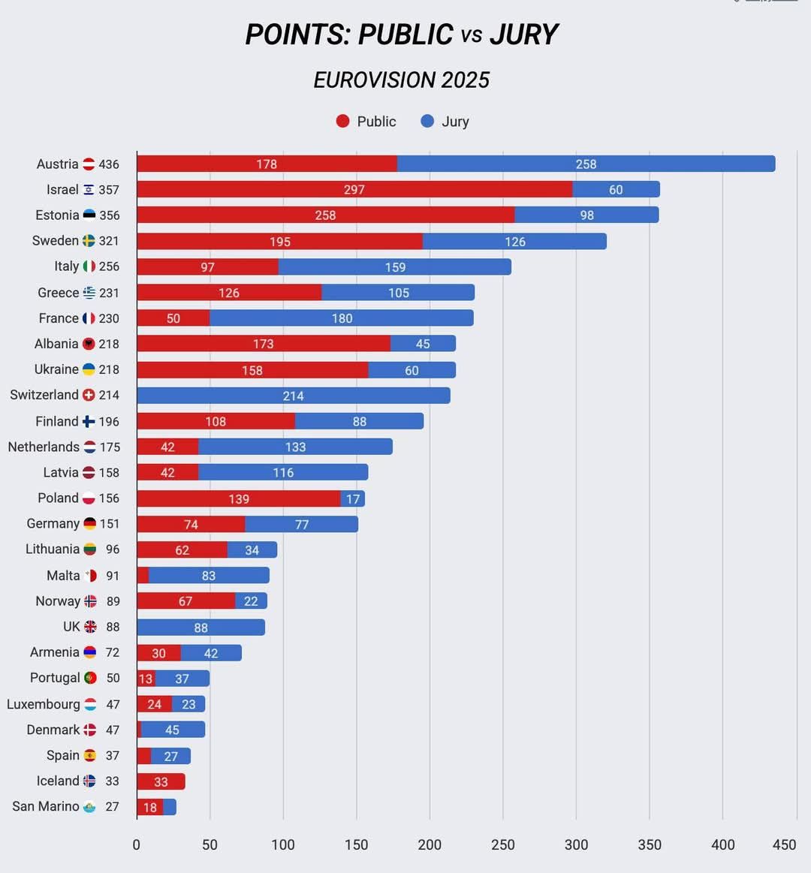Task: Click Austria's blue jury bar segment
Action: pyautogui.click(x=586, y=164)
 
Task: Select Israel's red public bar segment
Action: pyautogui.click(x=354, y=189)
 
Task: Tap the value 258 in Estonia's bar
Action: pyautogui.click(x=325, y=215)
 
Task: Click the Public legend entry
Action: pyautogui.click(x=366, y=122)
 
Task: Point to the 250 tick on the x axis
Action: pyautogui.click(x=503, y=844)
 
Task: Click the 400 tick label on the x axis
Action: pyautogui.click(x=723, y=844)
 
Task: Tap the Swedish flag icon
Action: pyautogui.click(x=89, y=241)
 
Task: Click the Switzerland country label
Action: pyautogui.click(x=44, y=395)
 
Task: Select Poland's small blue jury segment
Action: pyautogui.click(x=353, y=498)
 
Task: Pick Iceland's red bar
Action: pyautogui.click(x=161, y=781)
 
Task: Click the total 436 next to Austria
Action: pyautogui.click(x=109, y=164)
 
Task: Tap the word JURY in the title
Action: pyautogui.click(x=523, y=35)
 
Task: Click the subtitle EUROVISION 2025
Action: pyautogui.click(x=402, y=80)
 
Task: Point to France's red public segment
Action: pyautogui.click(x=173, y=318)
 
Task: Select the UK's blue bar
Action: pyautogui.click(x=200, y=628)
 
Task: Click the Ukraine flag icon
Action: pyautogui.click(x=89, y=369)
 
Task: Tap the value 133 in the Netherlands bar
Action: pyautogui.click(x=295, y=447)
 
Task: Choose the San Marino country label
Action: pyautogui.click(x=46, y=806)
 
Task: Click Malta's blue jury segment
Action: pyautogui.click(x=209, y=576)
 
